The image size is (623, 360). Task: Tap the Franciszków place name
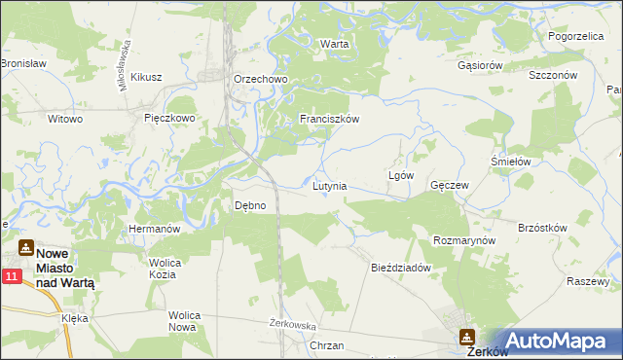click(330, 119)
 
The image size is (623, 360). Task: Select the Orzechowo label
click(257, 79)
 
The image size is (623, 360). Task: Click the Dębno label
click(250, 205)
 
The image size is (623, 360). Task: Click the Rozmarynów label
click(464, 239)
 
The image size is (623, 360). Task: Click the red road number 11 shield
click(11, 278)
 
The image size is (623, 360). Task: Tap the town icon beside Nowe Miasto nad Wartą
click(26, 248)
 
